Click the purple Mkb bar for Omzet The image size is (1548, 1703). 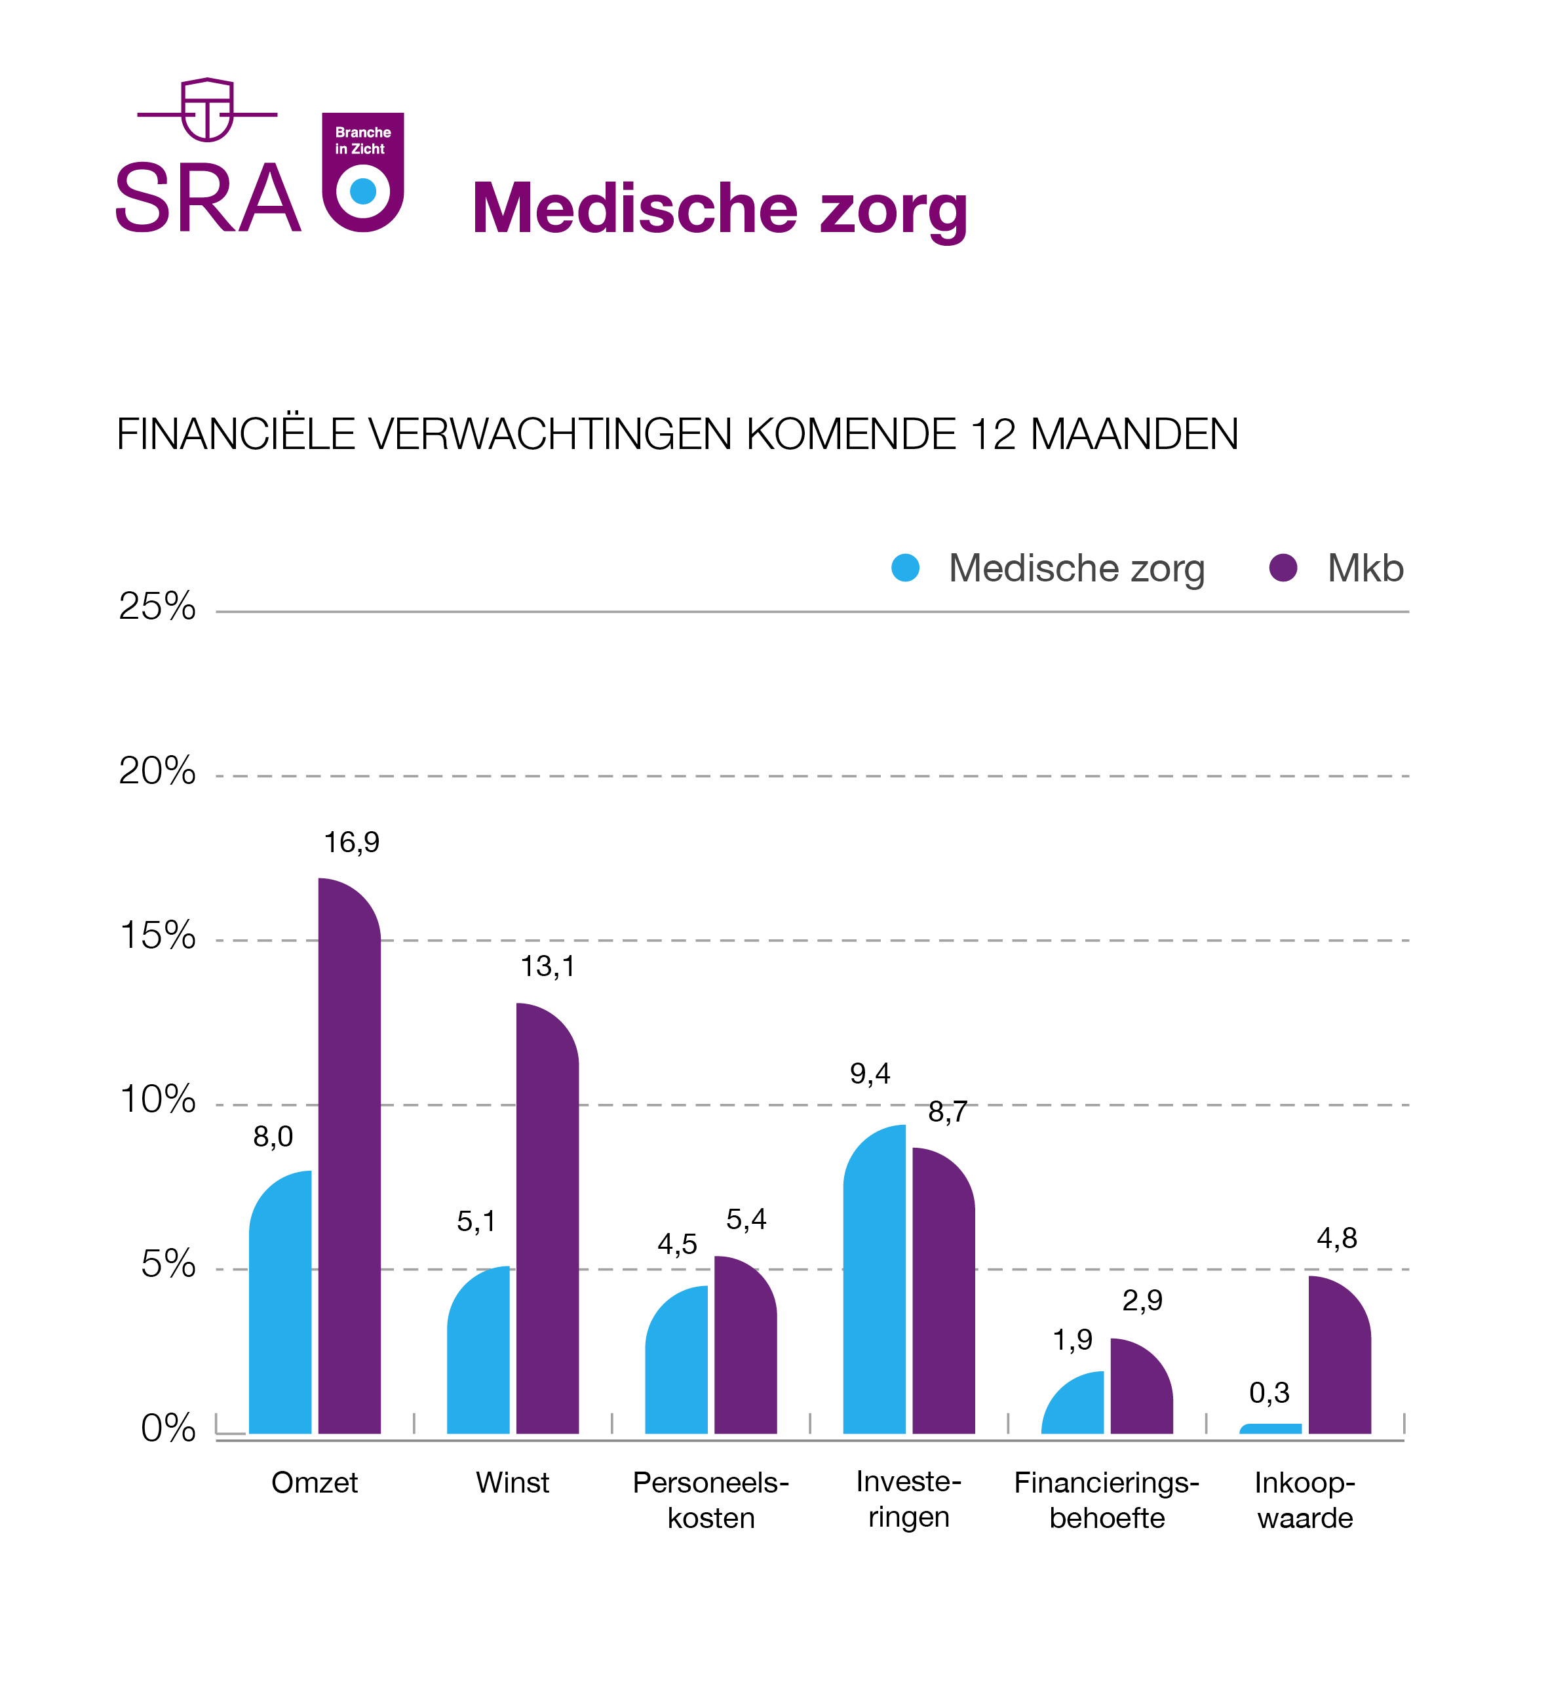pos(349,1158)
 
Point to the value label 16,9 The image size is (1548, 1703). pos(351,842)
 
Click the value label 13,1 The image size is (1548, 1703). pos(547,966)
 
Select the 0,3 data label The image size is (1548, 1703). pos(1269,1392)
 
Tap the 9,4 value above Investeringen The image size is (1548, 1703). pos(870,1074)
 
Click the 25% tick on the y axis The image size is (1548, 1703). pos(157,606)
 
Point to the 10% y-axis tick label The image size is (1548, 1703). pos(158,1100)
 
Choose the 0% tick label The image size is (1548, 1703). pos(168,1428)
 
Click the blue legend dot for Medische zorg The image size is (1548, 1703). pos(905,568)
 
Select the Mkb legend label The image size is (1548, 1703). pos(1364,568)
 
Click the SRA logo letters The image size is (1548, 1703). pos(208,199)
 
